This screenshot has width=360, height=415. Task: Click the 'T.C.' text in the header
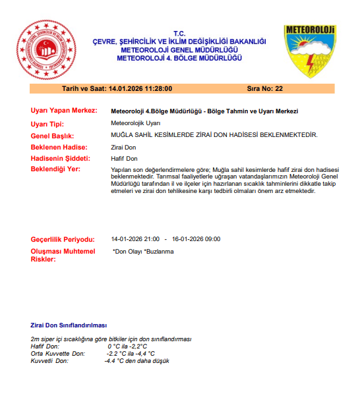point(179,34)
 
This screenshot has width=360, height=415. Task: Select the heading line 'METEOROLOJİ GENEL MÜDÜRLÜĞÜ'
point(179,49)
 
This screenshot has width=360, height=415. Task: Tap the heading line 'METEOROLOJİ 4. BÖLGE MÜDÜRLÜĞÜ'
point(179,57)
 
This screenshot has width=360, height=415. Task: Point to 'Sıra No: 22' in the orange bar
point(264,88)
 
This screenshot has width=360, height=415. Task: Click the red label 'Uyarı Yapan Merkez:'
point(65,111)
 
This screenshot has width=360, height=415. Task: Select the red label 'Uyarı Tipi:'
point(49,123)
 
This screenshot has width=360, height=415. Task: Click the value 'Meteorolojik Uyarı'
point(136,123)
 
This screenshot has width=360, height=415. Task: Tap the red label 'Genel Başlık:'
point(53,135)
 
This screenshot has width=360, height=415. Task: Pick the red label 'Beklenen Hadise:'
point(59,147)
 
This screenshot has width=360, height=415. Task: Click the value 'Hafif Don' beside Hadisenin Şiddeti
point(124,159)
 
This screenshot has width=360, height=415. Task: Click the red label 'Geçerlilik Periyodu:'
point(63,239)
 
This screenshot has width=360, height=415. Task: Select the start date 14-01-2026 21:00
point(135,239)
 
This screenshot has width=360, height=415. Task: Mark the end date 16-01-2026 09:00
point(196,239)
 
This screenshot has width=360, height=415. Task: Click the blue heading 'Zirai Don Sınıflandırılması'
point(69,325)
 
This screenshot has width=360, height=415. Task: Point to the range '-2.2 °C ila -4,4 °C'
point(131,354)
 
